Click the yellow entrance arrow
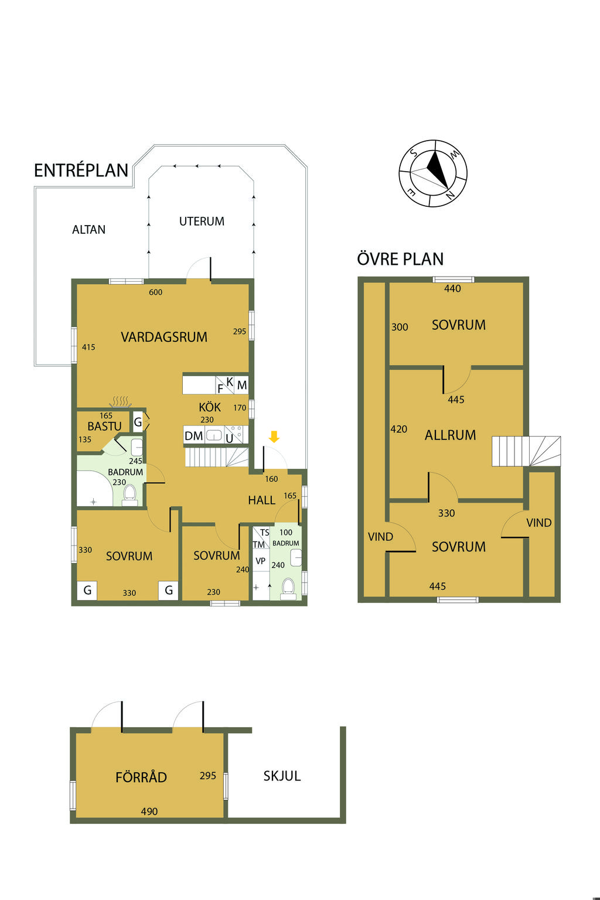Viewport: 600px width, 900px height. click(x=274, y=437)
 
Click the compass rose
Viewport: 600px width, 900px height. click(x=433, y=173)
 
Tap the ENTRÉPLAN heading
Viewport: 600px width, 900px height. click(x=81, y=171)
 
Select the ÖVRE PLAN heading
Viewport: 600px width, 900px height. click(x=400, y=259)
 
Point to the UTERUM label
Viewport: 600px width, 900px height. click(x=202, y=221)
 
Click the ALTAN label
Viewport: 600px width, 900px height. click(x=89, y=230)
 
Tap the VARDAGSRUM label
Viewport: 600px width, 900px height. click(x=164, y=337)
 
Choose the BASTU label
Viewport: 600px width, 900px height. click(x=104, y=426)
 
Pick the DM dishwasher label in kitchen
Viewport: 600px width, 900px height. click(x=194, y=435)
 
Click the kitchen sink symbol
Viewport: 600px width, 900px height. click(x=214, y=435)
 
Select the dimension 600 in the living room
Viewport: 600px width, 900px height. click(x=155, y=292)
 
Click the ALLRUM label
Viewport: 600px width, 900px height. click(x=450, y=435)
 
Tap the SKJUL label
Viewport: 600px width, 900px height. click(x=282, y=775)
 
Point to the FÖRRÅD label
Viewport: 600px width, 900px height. click(x=141, y=776)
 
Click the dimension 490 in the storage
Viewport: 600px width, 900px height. click(x=149, y=811)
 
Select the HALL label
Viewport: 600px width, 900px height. click(x=261, y=500)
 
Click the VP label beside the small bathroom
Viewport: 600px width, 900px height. click(x=260, y=561)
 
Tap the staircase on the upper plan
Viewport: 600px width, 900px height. click(x=526, y=451)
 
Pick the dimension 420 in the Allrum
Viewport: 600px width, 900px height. click(x=398, y=429)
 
